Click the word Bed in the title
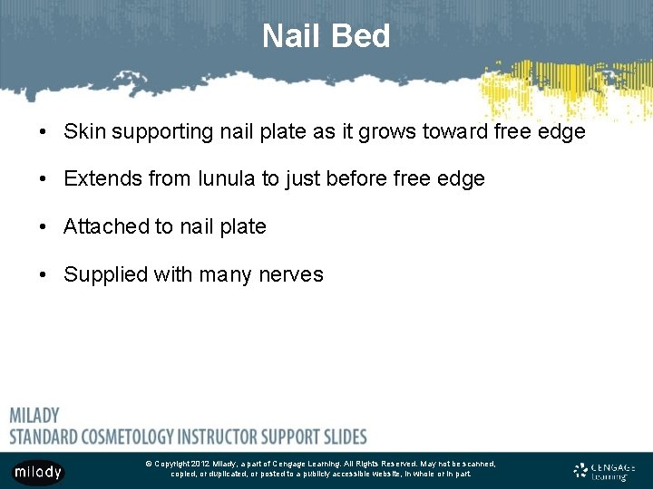pos(361,36)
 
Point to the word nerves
pos(292,275)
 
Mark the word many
pos(224,275)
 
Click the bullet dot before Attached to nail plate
pos(43,227)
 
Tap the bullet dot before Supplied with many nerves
pos(43,275)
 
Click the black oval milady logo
pos(37,472)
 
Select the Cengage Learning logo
pos(604,471)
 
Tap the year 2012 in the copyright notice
pos(200,464)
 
